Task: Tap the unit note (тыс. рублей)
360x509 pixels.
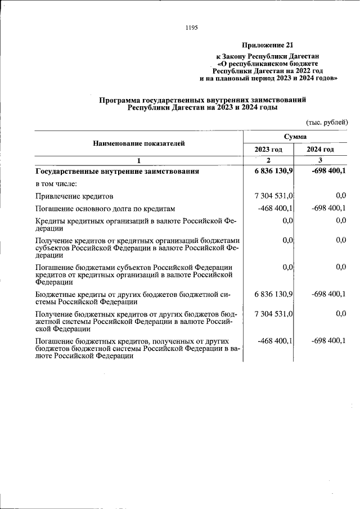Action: coord(327,122)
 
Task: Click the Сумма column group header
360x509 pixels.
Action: coord(295,137)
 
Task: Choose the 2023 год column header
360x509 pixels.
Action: coord(268,150)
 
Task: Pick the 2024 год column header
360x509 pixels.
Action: coord(320,150)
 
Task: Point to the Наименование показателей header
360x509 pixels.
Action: coord(138,143)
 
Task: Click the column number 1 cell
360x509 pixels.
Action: coord(138,161)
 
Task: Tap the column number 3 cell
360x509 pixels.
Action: coord(320,161)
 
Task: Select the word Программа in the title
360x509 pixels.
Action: coord(124,100)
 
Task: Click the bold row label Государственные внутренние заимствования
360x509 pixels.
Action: coord(117,171)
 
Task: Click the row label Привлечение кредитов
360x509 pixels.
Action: coord(74,196)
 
